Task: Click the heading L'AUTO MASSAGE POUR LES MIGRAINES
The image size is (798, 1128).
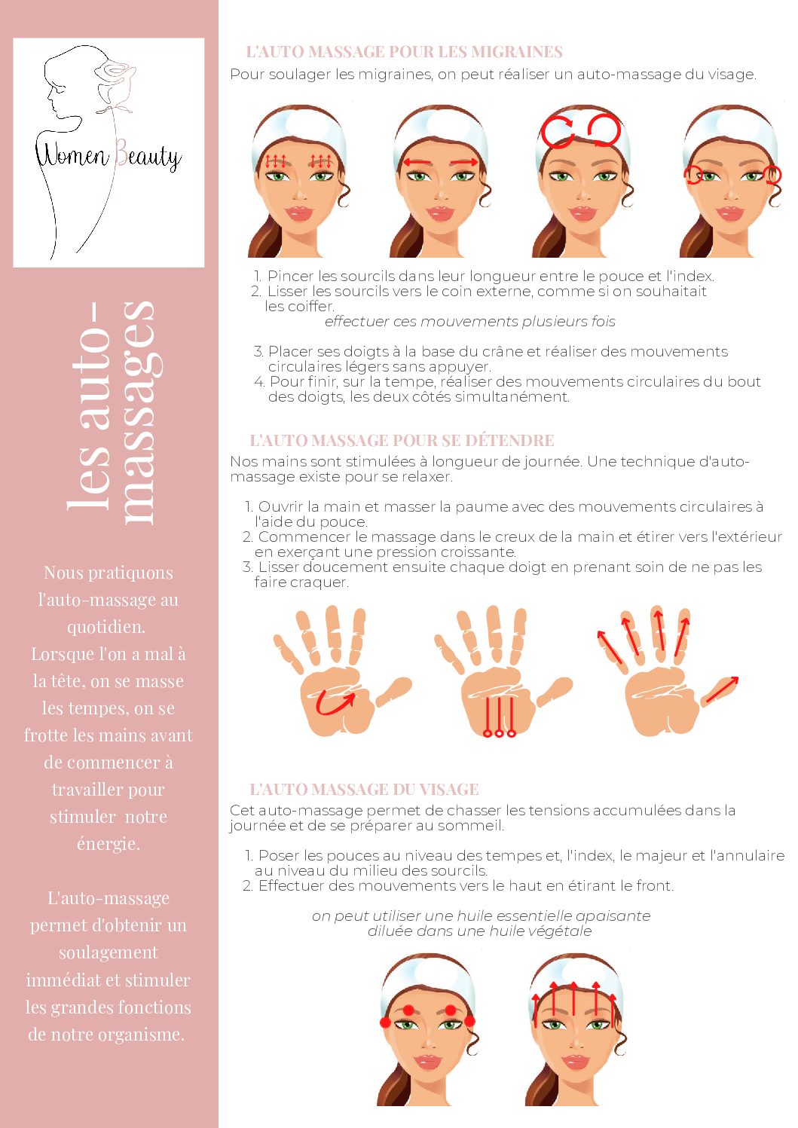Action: click(x=405, y=51)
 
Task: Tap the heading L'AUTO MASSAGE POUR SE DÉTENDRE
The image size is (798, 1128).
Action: click(x=402, y=440)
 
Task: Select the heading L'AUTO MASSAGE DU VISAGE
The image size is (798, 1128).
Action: click(x=364, y=789)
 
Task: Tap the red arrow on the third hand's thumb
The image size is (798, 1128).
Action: click(x=722, y=689)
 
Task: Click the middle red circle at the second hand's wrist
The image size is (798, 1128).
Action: click(x=499, y=733)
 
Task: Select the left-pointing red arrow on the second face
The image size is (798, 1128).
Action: click(x=417, y=162)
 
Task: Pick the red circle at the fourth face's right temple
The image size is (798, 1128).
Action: click(x=772, y=175)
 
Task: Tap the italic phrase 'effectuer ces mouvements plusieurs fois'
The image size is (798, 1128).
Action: click(x=469, y=321)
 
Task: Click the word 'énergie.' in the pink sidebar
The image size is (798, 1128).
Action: click(x=109, y=843)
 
